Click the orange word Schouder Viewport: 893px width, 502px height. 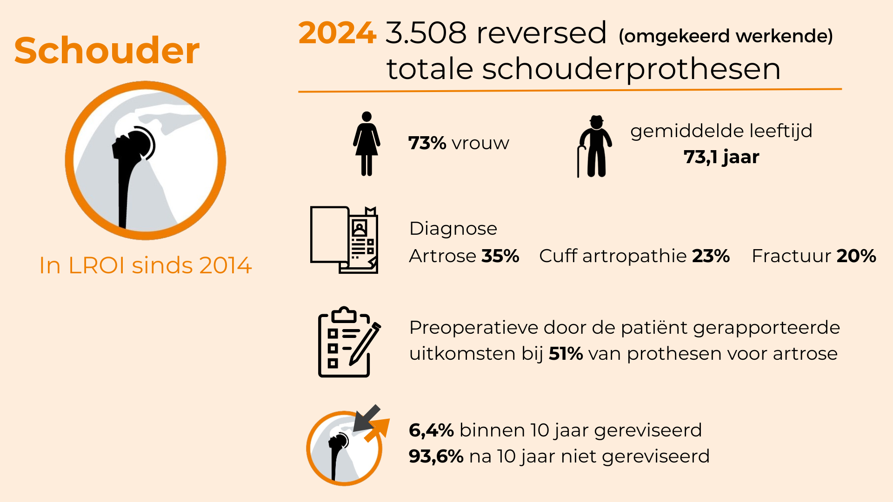coord(107,50)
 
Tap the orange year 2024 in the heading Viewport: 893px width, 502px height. coord(337,33)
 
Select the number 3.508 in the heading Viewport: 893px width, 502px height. coord(426,33)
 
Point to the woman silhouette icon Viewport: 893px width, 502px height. coord(367,144)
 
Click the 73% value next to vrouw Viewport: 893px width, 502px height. coord(427,143)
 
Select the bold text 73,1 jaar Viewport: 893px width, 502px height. coord(721,157)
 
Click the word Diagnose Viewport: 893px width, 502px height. coord(453,229)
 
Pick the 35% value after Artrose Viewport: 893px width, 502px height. coord(500,256)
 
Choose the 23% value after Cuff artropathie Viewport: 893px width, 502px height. coord(711,256)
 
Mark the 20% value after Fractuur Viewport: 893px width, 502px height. coord(856,256)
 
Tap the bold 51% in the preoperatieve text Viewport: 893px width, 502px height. coord(566,354)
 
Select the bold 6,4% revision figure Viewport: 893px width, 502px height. coord(431,430)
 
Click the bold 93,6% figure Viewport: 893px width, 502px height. coord(436,456)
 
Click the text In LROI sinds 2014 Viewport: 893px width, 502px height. coord(145,265)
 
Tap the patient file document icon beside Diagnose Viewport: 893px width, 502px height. coord(344,240)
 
